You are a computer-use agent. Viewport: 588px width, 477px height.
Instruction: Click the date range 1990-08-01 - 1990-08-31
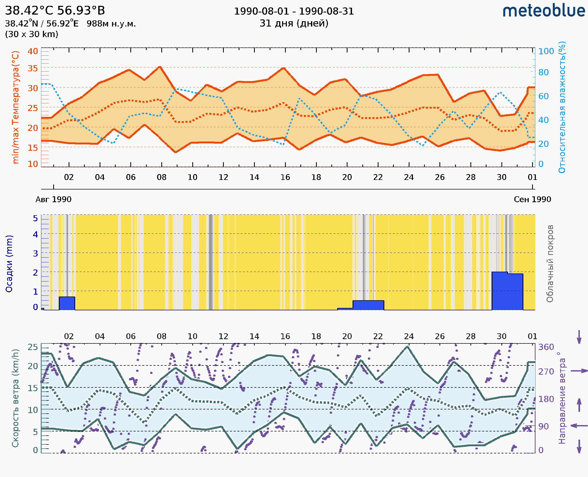pos(293,11)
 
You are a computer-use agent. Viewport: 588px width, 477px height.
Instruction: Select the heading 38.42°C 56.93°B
pos(55,11)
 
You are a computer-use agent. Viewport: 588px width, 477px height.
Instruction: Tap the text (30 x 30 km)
pos(32,34)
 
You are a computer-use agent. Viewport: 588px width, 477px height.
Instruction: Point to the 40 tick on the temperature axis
pos(33,51)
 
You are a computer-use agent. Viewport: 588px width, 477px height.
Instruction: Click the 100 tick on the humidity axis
pos(546,51)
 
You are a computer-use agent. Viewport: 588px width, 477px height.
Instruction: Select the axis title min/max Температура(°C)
pos(16,107)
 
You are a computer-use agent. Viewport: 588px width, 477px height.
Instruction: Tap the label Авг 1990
pos(53,199)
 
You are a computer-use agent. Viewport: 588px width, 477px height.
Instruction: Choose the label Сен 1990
pos(532,199)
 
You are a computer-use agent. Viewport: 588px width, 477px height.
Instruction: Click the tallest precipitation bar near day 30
pos(499,291)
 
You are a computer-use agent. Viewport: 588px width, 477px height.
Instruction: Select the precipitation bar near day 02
pos(67,303)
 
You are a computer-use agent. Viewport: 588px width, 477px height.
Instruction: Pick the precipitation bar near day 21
pos(368,305)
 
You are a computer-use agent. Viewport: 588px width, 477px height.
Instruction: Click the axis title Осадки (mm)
pos(9,264)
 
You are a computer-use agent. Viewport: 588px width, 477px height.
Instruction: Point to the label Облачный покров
pos(550,264)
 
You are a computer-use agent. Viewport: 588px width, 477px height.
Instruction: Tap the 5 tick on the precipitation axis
pos(35,218)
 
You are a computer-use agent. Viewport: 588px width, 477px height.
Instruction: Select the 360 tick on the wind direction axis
pos(546,347)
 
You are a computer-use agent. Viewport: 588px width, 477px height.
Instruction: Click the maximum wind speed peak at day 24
pos(408,347)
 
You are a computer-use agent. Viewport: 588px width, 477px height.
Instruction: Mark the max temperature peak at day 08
pos(160,67)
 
